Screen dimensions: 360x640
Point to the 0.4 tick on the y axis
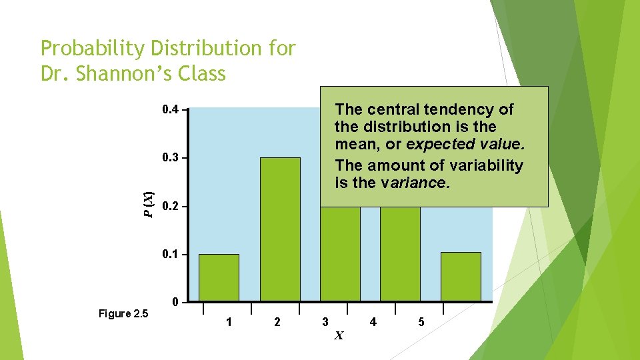point(171,109)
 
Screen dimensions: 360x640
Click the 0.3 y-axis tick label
point(171,158)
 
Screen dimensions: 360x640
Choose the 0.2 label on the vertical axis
point(171,207)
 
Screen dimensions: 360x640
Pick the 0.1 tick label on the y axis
point(171,255)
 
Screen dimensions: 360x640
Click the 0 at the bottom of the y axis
point(175,302)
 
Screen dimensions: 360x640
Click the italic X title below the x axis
point(339,335)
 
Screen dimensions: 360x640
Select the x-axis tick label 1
point(229,323)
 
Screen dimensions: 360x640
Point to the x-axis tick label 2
point(277,323)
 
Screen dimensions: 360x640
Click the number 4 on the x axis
point(373,323)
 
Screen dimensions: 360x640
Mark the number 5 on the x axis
point(421,323)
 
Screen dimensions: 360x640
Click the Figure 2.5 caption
point(123,313)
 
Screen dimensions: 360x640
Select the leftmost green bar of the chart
point(219,277)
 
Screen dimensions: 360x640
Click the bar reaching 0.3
point(280,229)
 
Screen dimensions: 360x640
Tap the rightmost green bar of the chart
point(461,277)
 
